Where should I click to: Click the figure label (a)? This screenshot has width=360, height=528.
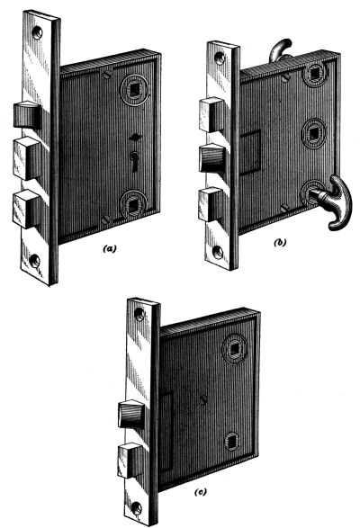(109, 249)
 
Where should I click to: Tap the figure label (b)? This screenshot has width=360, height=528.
(279, 243)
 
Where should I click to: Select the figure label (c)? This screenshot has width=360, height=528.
(200, 492)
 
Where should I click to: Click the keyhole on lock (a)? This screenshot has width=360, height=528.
(134, 161)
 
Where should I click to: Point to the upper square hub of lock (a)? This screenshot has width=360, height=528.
(134, 89)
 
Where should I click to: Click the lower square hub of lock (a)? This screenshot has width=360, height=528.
(133, 203)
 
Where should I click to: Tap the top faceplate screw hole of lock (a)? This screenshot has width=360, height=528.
(38, 32)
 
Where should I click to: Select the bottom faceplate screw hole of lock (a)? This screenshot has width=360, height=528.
(35, 260)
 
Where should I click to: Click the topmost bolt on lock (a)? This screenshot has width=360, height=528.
(28, 115)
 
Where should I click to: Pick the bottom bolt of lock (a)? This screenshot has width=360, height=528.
(27, 209)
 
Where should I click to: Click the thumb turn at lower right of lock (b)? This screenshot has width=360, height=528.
(333, 202)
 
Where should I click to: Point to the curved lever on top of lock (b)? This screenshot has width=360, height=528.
(280, 49)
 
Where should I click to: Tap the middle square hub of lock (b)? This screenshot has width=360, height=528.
(314, 133)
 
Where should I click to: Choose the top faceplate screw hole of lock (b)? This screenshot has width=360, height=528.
(220, 58)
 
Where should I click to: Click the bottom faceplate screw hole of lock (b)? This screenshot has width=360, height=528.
(218, 252)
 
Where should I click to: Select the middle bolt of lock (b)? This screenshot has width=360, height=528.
(212, 159)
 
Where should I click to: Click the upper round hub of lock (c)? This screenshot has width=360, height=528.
(235, 348)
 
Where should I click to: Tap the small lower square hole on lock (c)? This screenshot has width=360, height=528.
(232, 441)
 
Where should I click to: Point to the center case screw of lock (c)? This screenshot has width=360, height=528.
(203, 400)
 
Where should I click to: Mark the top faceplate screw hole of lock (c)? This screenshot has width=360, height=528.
(139, 314)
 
